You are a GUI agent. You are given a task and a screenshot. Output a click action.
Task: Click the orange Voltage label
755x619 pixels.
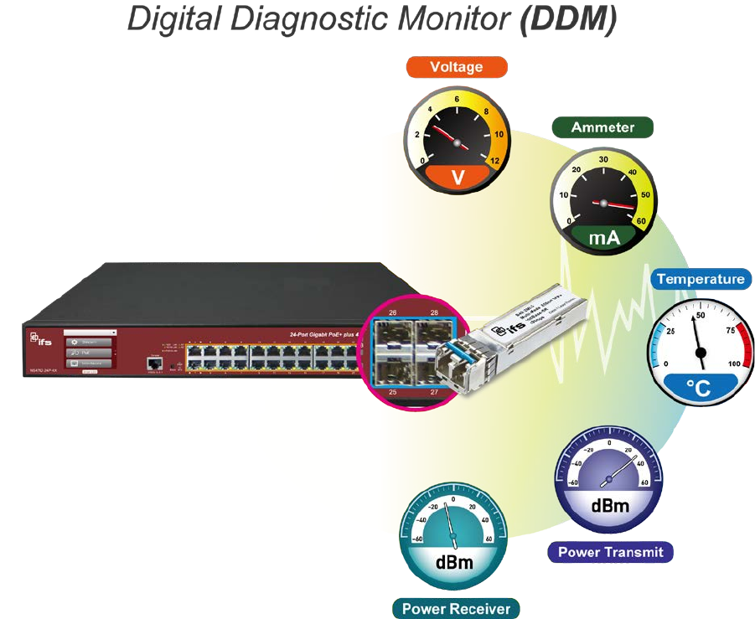pyautogui.click(x=456, y=67)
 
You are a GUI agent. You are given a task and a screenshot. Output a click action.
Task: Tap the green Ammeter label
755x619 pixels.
pyautogui.click(x=602, y=127)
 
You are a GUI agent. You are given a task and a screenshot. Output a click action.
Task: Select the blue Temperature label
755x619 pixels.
pyautogui.click(x=700, y=279)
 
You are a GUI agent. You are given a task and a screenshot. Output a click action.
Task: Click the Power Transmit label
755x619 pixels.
pyautogui.click(x=610, y=552)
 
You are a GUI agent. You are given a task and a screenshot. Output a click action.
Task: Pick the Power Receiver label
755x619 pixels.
pyautogui.click(x=456, y=608)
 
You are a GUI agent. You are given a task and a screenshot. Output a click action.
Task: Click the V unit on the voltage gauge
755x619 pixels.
pyautogui.click(x=458, y=177)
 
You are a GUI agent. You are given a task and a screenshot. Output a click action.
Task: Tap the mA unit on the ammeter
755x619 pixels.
pyautogui.click(x=604, y=238)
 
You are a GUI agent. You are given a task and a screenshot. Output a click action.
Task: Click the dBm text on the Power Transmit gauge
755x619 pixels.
pyautogui.click(x=610, y=506)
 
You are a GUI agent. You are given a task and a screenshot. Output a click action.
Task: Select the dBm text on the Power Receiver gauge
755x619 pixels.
pyautogui.click(x=453, y=562)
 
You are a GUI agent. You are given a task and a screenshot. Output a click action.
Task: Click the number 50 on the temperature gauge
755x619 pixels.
pyautogui.click(x=701, y=315)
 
